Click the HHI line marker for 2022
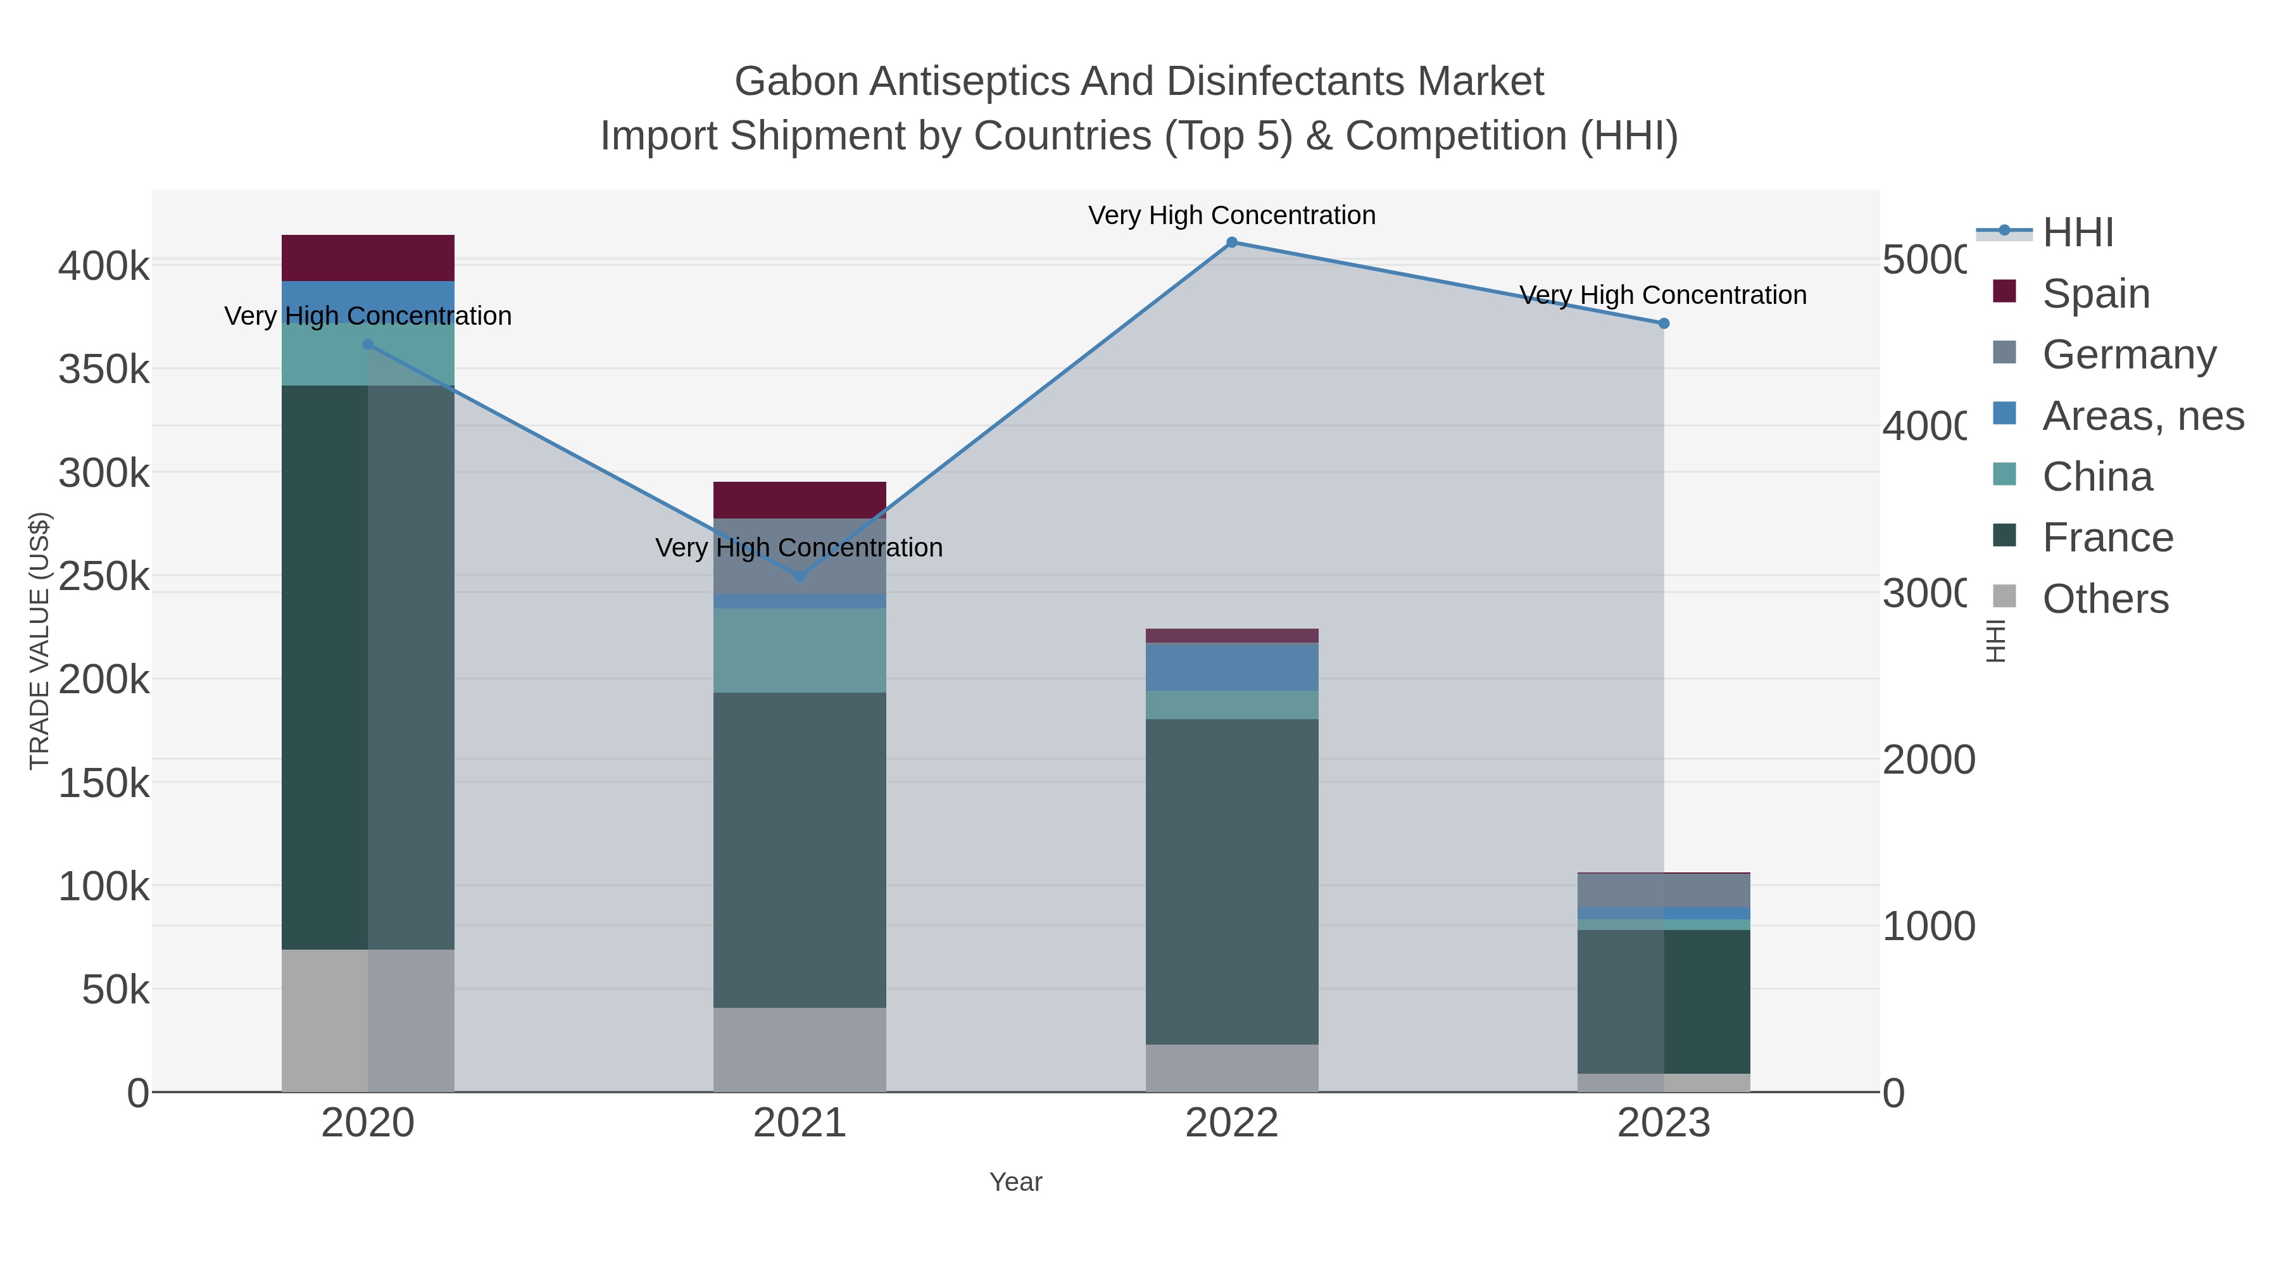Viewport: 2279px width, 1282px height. click(x=1231, y=242)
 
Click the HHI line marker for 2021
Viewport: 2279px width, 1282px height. click(x=800, y=576)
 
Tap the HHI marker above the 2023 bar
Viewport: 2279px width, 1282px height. click(x=1663, y=324)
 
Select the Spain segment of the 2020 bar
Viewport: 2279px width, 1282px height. click(x=368, y=258)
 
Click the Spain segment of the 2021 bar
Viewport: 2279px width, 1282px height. click(x=800, y=500)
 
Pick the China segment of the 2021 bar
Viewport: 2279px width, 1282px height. click(x=800, y=650)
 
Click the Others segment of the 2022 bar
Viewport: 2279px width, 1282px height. click(x=1231, y=1068)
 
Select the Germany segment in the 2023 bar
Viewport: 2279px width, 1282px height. click(x=1663, y=890)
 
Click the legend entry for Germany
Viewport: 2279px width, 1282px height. click(x=2128, y=355)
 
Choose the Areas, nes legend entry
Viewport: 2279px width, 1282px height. click(x=2142, y=416)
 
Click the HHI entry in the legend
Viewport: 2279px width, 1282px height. click(x=2077, y=233)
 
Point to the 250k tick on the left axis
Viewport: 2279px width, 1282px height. click(x=104, y=577)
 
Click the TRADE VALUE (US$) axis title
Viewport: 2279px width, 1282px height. click(x=40, y=641)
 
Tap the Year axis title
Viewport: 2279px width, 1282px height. click(x=1015, y=1182)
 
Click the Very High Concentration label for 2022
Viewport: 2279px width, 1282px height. click(x=1231, y=215)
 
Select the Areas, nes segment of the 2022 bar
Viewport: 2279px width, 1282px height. click(x=1231, y=667)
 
